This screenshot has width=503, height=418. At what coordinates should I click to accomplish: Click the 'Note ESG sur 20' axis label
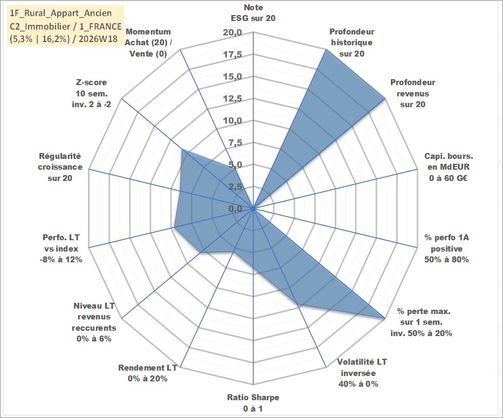pyautogui.click(x=253, y=13)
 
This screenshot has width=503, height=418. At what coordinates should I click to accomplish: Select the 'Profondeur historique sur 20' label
pyautogui.click(x=352, y=43)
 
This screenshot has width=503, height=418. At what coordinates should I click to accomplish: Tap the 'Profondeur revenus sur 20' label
pyautogui.click(x=412, y=93)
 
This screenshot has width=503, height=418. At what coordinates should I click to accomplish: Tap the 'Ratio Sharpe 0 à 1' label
pyautogui.click(x=253, y=403)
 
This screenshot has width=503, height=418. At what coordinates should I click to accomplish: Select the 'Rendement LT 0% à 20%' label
pyautogui.click(x=148, y=373)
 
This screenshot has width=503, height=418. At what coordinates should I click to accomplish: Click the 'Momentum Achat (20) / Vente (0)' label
pyautogui.click(x=148, y=43)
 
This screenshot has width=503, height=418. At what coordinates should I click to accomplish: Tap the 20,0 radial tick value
pyautogui.click(x=232, y=33)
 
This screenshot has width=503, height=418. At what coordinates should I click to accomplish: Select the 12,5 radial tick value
pyautogui.click(x=232, y=99)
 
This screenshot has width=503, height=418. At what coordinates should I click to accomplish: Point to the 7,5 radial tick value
pyautogui.click(x=236, y=143)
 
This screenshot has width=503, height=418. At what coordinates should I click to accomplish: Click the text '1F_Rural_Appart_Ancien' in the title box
pyautogui.click(x=61, y=13)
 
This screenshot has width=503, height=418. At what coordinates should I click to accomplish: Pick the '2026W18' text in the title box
pyautogui.click(x=98, y=39)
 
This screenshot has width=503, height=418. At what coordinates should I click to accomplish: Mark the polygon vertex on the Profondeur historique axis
pyautogui.click(x=326, y=50)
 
